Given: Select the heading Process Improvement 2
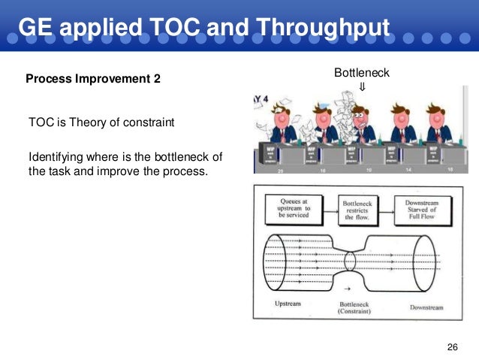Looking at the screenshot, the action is pos(93,78).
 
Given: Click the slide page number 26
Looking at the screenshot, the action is pos(452,346).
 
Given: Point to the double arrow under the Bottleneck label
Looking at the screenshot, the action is pos(362,86).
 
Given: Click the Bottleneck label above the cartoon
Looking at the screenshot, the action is pos(362,72).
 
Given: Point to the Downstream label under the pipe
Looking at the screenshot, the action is pos(426,307).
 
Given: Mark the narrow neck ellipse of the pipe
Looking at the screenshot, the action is pos(350,262).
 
